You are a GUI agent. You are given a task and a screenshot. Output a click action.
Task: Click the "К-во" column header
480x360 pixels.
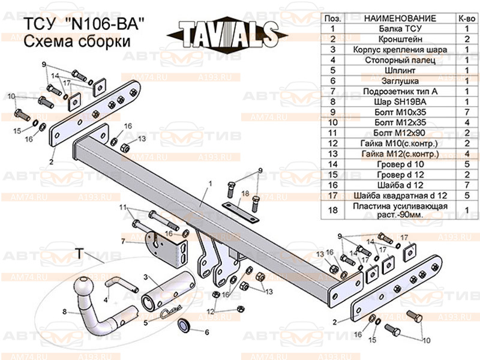[466, 18]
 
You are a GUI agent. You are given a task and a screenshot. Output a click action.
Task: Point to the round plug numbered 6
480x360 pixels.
[185, 327]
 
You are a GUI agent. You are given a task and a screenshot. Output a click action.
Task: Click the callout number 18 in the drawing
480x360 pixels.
[245, 193]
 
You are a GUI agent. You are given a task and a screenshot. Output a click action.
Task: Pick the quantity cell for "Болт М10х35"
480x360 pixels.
[466, 112]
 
